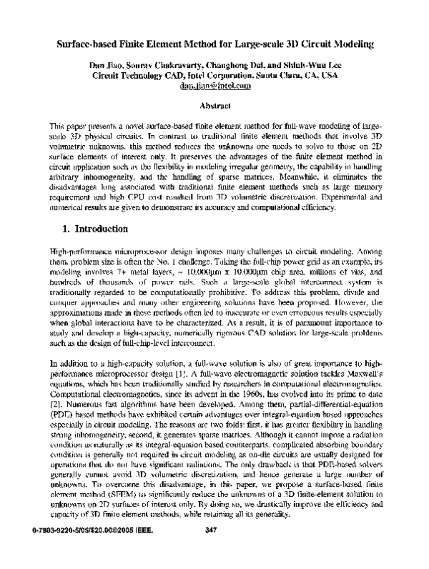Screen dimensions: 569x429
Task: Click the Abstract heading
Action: [215, 104]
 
